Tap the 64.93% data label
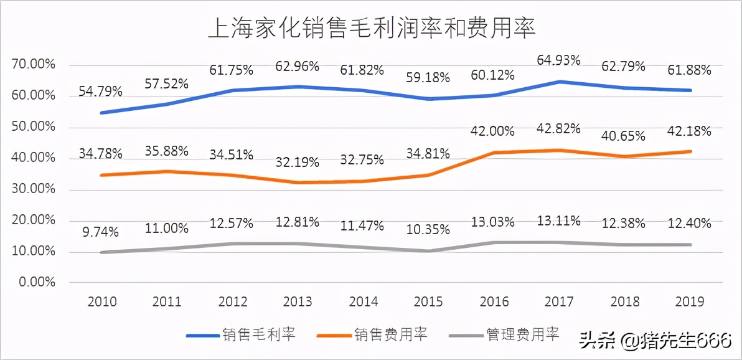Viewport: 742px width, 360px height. point(559,60)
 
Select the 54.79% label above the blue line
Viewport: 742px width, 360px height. point(100,91)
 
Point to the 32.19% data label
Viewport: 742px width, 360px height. point(298,162)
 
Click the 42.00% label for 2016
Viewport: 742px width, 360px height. point(493,131)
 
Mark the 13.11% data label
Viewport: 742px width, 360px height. point(559,220)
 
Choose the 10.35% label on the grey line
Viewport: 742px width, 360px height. point(428,230)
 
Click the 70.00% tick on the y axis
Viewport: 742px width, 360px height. point(34,65)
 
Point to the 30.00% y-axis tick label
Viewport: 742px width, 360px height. point(34,189)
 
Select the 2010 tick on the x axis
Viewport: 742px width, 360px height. point(102,302)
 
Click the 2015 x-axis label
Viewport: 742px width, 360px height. point(428,302)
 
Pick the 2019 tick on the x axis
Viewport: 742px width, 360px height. point(689,302)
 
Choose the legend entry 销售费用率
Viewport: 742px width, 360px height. point(391,335)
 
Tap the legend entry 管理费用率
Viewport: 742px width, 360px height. point(522,335)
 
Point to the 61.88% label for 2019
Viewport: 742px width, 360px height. point(689,70)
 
